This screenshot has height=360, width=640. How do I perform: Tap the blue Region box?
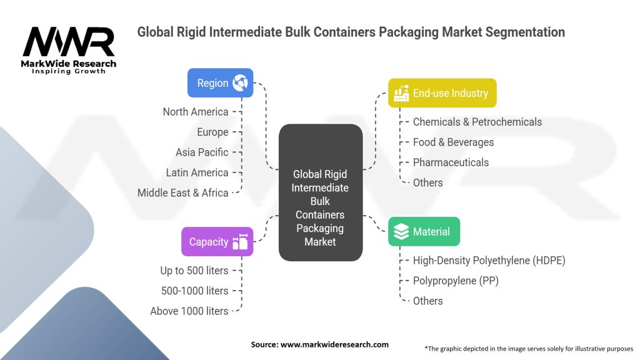coord(220,83)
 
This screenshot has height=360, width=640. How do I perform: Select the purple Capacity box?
coord(217,242)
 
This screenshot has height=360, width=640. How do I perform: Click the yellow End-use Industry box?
coord(442,93)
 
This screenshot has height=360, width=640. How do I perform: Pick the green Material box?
coord(424,232)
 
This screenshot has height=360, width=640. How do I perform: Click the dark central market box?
coord(320,192)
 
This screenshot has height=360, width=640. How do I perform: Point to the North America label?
coord(195,112)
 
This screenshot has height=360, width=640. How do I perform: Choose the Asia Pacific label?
coord(202,152)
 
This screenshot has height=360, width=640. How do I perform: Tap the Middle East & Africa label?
coord(182,192)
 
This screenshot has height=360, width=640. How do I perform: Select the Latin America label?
coord(197,172)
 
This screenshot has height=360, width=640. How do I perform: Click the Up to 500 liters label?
coord(194,271)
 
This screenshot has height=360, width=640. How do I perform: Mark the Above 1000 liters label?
coord(189,311)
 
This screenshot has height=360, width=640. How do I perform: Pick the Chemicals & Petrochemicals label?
coord(477,122)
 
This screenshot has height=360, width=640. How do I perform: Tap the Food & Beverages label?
coord(453,142)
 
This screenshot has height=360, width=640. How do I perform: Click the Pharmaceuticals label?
coord(451,162)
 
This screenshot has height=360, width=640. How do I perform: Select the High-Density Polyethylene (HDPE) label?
coord(489,261)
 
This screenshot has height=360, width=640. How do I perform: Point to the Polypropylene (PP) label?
coord(456,281)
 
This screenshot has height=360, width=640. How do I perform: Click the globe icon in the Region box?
coord(240,83)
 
